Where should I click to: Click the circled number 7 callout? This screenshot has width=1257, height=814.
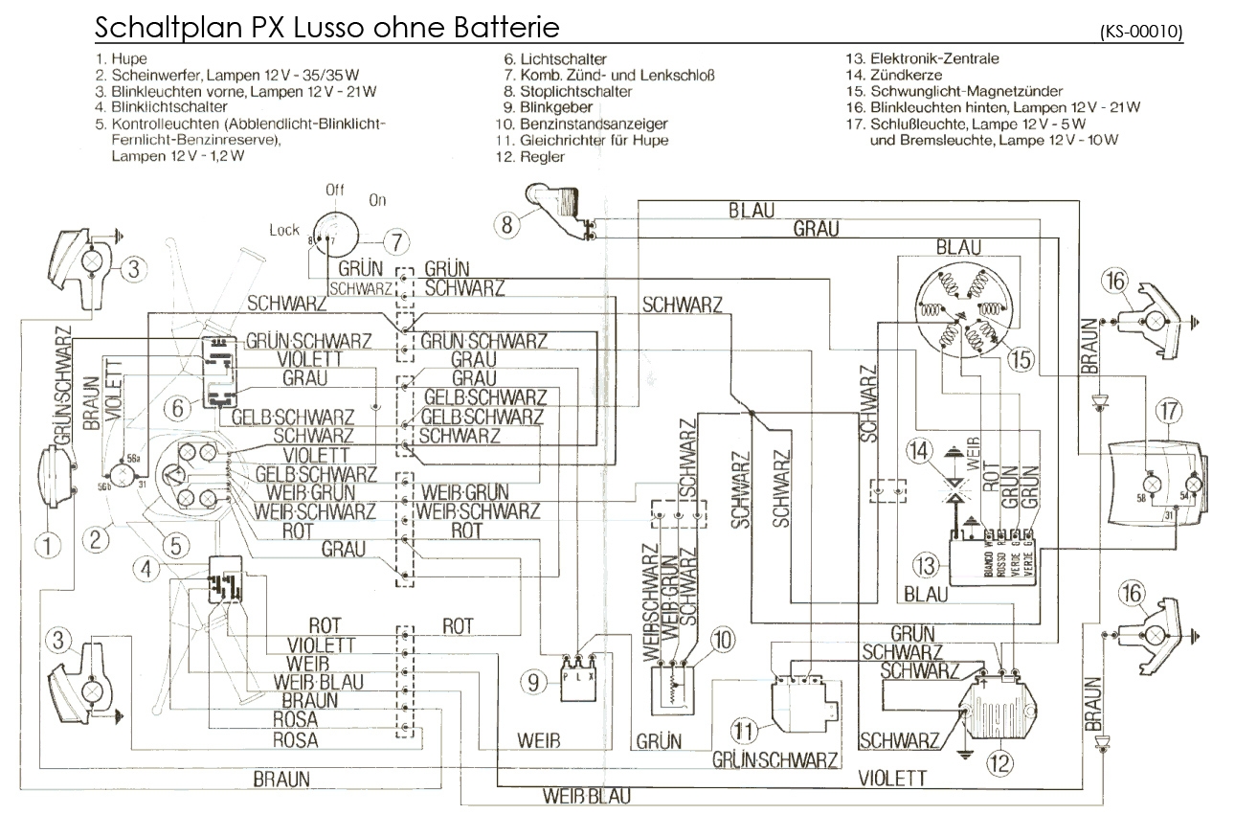tap(395, 240)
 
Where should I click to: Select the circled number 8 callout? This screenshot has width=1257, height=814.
tap(508, 225)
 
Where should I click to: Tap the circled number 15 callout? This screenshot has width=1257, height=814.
tap(1021, 360)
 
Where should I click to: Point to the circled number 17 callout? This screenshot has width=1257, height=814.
tap(1169, 410)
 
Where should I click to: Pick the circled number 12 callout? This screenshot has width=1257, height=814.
tap(999, 763)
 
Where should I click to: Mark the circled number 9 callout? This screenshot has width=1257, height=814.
tap(534, 682)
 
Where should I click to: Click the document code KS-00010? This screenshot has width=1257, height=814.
tap(1141, 32)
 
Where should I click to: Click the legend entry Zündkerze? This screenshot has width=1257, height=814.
tap(906, 75)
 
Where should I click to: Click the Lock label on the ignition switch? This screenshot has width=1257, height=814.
tap(284, 230)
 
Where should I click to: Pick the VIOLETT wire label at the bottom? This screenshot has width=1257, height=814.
tap(892, 777)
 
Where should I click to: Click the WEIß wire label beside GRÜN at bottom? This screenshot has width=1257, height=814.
tap(540, 740)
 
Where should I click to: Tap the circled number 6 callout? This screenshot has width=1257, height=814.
tap(178, 408)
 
